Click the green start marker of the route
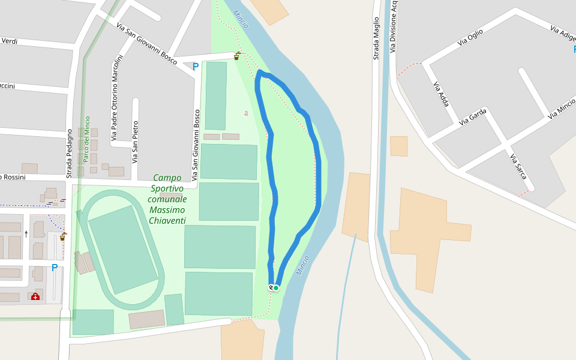click(276, 288)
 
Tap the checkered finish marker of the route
click(271, 287)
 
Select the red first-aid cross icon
click(35, 296)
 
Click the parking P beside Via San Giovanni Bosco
click(195, 67)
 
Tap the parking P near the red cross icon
click(55, 268)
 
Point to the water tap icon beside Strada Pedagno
click(62, 237)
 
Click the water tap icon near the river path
click(237, 56)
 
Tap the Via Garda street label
click(472, 116)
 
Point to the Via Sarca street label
click(518, 166)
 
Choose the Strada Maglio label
click(376, 38)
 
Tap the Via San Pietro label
click(135, 142)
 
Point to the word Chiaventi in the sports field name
click(167, 221)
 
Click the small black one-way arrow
click(26, 233)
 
